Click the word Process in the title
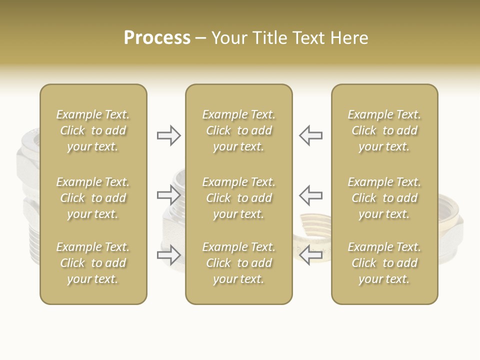[157, 38]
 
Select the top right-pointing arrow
[169, 135]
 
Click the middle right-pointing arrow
[169, 194]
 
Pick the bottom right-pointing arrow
[169, 255]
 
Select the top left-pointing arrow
[310, 135]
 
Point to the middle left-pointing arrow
[310, 194]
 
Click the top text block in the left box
[93, 130]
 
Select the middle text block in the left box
[93, 198]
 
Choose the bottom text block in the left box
[93, 263]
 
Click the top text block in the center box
[238, 130]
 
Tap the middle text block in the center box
[238, 198]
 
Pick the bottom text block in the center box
[238, 263]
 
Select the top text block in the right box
[384, 130]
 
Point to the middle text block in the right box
[384, 198]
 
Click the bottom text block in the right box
[384, 263]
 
